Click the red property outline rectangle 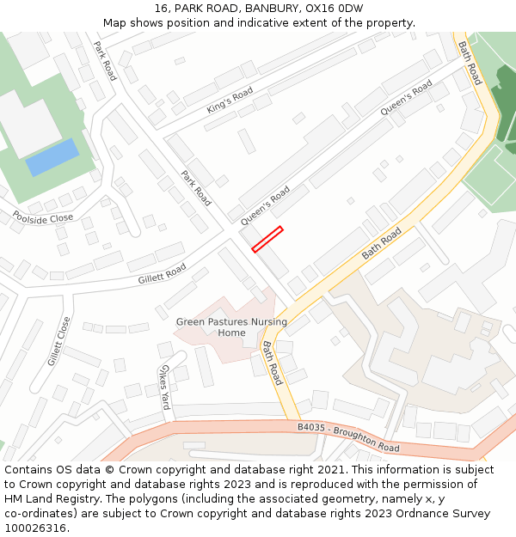pyautogui.click(x=267, y=239)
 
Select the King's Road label pyautogui.click(x=230, y=101)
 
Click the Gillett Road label pyautogui.click(x=162, y=274)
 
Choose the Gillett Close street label pyautogui.click(x=58, y=341)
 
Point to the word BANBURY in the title pyautogui.click(x=269, y=9)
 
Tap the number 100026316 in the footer pyautogui.click(x=34, y=528)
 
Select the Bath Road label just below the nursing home pyautogui.click(x=272, y=363)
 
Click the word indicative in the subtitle pyautogui.click(x=261, y=23)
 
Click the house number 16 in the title pyautogui.click(x=161, y=9)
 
